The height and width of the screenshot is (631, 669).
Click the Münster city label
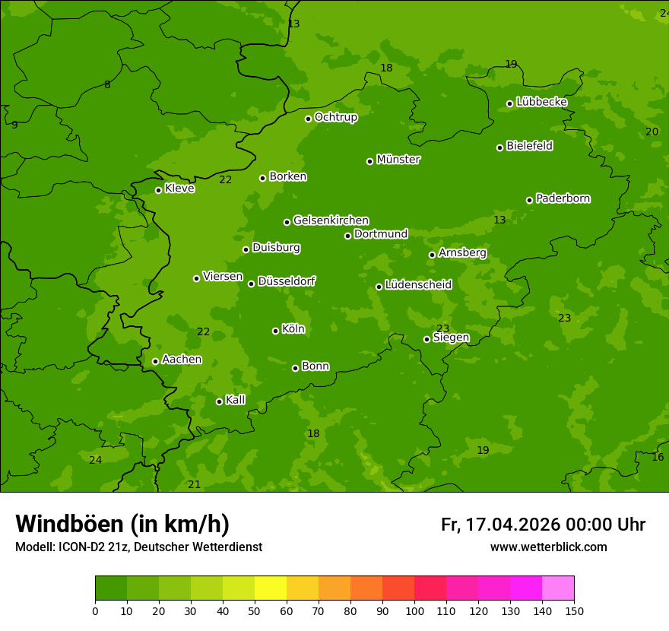[398, 160]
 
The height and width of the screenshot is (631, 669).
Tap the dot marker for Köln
[275, 331]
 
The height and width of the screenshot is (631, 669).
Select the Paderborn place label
[563, 198]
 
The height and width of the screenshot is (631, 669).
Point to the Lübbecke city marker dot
[509, 103]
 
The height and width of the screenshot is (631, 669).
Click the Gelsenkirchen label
[331, 220]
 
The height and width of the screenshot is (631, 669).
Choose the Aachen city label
[182, 360]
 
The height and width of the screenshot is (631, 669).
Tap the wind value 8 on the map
[107, 85]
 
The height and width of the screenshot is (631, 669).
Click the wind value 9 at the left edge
[14, 125]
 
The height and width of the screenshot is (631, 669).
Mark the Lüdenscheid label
[418, 285]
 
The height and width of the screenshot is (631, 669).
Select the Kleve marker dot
[158, 190]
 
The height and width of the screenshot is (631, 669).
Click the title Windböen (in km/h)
[122, 524]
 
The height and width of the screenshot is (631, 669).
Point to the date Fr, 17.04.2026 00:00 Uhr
[543, 525]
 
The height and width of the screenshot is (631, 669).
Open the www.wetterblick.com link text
[548, 547]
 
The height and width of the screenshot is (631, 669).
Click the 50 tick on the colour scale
[255, 610]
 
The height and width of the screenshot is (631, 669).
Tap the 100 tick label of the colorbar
[414, 610]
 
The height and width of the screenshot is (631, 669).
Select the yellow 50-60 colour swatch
[271, 588]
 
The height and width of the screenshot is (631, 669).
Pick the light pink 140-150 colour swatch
[558, 588]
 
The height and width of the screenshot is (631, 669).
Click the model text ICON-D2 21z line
[138, 547]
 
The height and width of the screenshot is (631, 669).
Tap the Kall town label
[235, 400]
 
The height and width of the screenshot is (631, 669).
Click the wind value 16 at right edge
[658, 457]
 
